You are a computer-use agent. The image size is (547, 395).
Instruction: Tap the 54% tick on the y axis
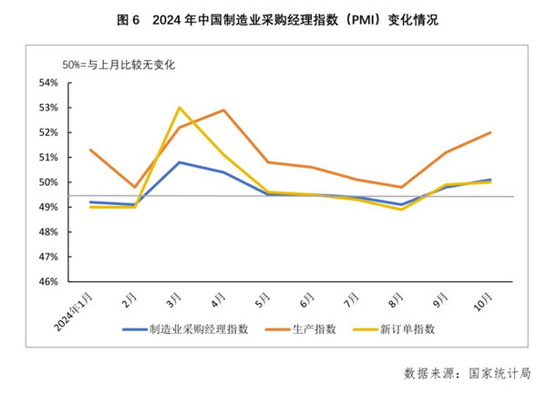(x=47, y=82)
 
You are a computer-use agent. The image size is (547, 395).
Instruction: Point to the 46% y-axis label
(x=47, y=282)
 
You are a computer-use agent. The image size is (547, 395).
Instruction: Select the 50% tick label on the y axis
(x=47, y=182)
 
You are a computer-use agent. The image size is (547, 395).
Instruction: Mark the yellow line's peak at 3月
(x=180, y=108)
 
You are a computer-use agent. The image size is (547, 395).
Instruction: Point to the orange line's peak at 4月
(x=224, y=110)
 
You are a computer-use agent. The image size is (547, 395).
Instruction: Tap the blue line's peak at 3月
(x=180, y=162)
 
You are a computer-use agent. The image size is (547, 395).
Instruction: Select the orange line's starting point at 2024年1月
(x=90, y=150)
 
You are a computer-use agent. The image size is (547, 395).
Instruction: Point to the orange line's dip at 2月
(x=135, y=187)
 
